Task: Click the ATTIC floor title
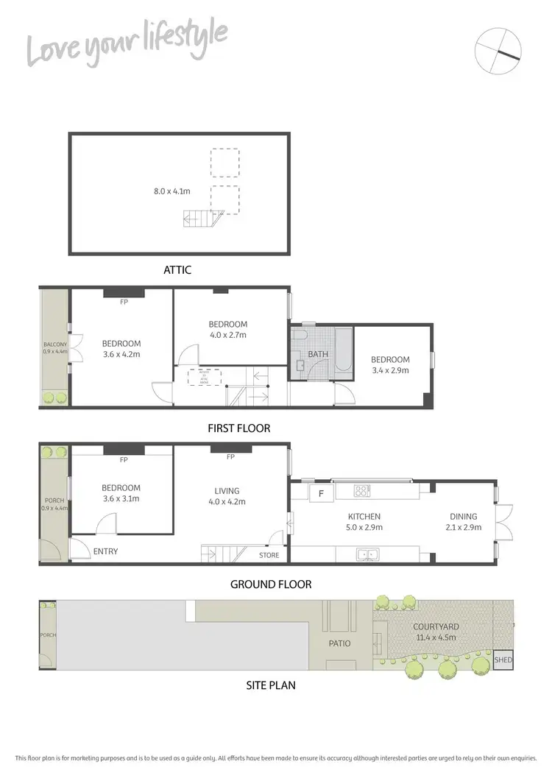[x=177, y=270]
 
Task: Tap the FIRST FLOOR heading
[x=239, y=428]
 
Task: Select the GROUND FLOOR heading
[x=271, y=584]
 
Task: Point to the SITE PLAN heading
[x=270, y=685]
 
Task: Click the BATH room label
[x=318, y=354]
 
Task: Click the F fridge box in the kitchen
[x=320, y=492]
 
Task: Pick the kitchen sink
[x=366, y=554]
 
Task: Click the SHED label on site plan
[x=503, y=660]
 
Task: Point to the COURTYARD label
[x=436, y=627]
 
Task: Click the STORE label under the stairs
[x=269, y=555]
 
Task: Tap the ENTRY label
[x=105, y=551]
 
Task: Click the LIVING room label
[x=227, y=491]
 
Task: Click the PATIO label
[x=340, y=643]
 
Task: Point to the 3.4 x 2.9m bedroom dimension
[x=390, y=370]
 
